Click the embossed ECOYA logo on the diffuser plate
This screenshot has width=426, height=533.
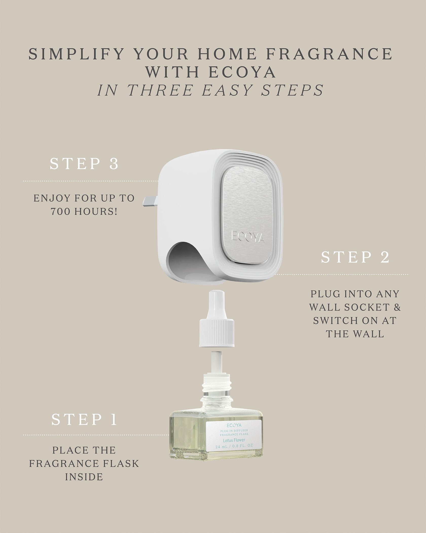[248, 238]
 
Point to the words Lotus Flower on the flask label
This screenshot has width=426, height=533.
[234, 440]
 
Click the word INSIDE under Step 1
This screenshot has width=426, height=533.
[84, 477]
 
